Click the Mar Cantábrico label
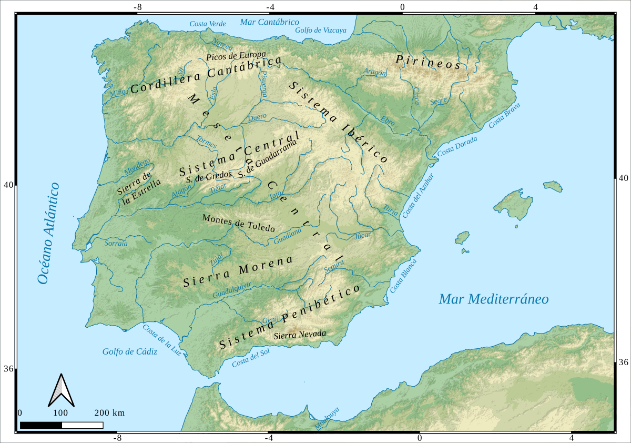click(269, 22)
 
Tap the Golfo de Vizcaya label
click(321, 31)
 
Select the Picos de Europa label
click(237, 56)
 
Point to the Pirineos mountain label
click(428, 62)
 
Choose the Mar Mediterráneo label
click(494, 299)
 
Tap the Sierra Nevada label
click(300, 334)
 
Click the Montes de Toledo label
click(239, 223)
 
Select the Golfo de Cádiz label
click(129, 351)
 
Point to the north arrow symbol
click(62, 390)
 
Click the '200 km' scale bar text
click(109, 412)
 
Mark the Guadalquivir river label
click(232, 291)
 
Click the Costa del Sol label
click(251, 359)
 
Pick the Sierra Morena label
click(237, 272)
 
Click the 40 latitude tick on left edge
click(9, 185)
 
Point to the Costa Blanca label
click(403, 276)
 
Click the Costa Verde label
click(208, 24)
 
